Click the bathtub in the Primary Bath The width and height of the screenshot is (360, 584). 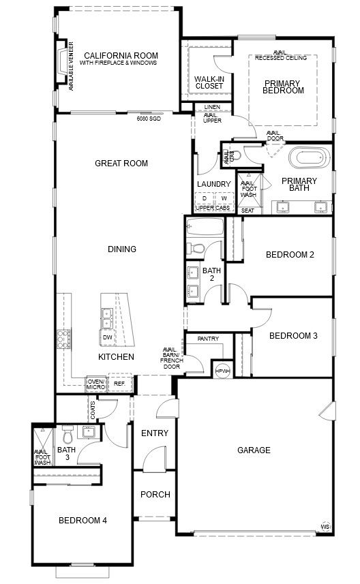(310, 158)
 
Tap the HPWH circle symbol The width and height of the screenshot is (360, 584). (223, 371)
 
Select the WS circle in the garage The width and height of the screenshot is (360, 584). (325, 527)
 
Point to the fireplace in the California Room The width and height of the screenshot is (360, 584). (61, 61)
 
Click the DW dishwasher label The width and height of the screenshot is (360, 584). (107, 338)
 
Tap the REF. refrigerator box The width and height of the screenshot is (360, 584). (119, 383)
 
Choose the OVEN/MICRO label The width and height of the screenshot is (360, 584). (95, 384)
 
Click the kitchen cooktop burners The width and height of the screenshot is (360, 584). (63, 339)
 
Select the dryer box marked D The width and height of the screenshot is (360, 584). (205, 198)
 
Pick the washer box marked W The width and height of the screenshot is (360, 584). (224, 198)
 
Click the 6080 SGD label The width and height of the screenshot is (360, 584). (149, 119)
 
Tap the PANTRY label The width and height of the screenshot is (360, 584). (209, 339)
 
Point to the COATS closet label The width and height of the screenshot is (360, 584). (93, 410)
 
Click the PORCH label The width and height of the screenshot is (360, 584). (155, 494)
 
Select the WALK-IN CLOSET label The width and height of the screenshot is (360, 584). (209, 82)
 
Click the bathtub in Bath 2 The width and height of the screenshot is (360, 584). (205, 226)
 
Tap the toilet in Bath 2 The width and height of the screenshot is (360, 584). (195, 247)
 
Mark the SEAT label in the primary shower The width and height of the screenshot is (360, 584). (247, 211)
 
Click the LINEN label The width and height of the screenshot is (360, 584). (212, 107)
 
